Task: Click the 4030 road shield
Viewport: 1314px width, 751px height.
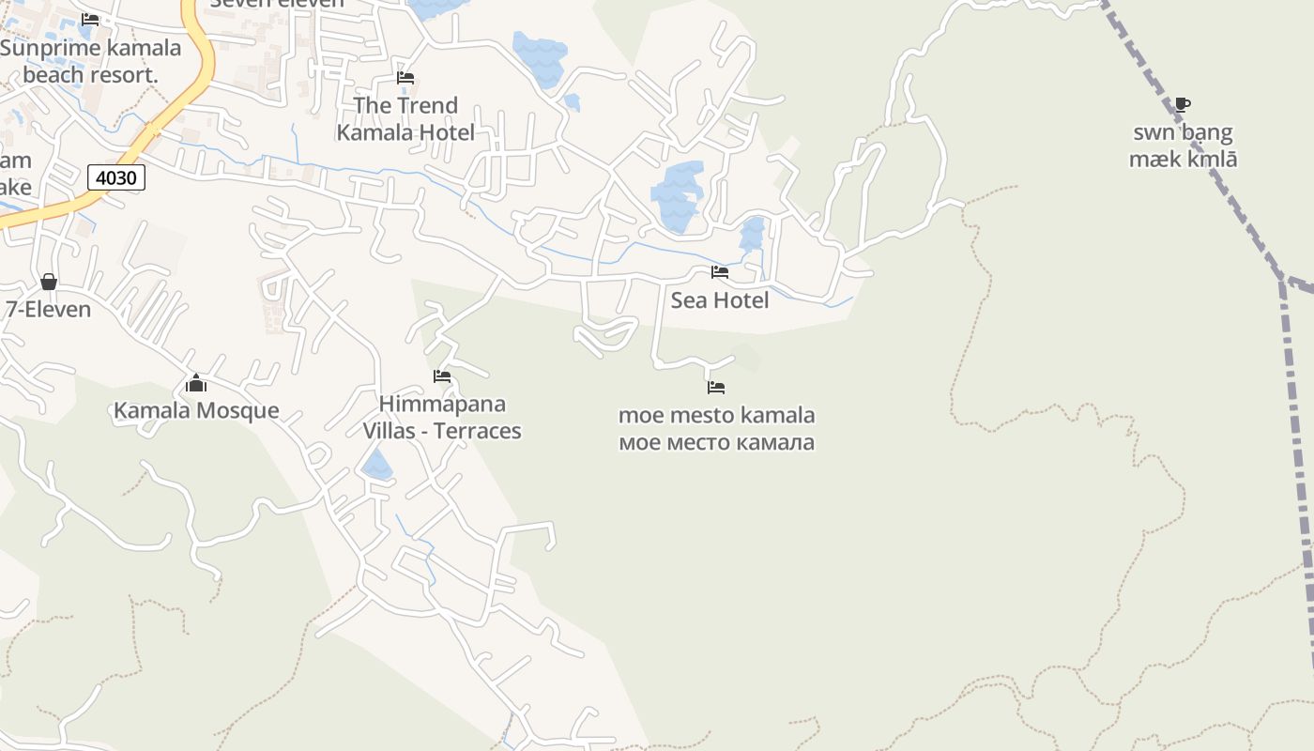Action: click(x=116, y=176)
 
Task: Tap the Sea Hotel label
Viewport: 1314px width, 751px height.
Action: click(x=719, y=300)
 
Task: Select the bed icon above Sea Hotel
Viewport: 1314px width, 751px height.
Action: click(x=720, y=272)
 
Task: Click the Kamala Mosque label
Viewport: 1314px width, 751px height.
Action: click(x=196, y=410)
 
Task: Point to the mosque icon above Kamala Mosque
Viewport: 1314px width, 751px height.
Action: click(x=196, y=383)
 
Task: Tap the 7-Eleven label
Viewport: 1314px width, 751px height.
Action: click(x=49, y=309)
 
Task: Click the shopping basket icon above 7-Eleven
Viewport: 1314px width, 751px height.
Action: click(x=49, y=282)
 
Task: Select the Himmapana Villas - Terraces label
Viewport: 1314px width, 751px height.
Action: click(x=442, y=418)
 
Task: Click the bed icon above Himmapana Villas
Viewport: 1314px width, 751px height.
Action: click(x=442, y=376)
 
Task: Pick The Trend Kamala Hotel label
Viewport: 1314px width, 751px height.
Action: click(x=405, y=119)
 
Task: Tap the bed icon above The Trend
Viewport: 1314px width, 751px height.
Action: click(x=405, y=77)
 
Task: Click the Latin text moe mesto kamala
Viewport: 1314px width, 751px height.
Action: click(x=716, y=415)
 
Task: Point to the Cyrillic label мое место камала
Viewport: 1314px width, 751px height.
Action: click(x=716, y=442)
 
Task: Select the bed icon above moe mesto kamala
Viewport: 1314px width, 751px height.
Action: click(x=716, y=387)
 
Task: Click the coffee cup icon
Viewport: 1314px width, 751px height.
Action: click(x=1183, y=104)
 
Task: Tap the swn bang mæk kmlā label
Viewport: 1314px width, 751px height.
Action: click(x=1183, y=146)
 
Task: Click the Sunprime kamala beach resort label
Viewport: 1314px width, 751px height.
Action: click(x=90, y=61)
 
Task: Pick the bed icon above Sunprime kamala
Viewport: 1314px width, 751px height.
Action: click(x=90, y=19)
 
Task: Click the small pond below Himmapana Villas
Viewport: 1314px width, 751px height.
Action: click(x=377, y=465)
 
